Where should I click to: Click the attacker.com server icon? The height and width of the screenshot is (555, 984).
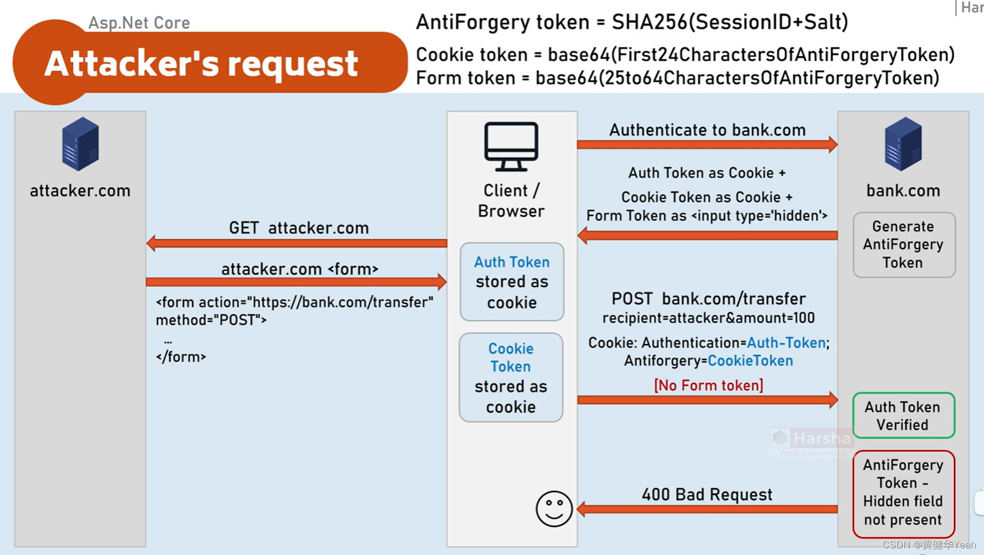coord(80,144)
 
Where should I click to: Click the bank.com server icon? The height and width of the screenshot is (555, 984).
coord(903,144)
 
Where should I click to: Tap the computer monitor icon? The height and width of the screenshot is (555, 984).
coord(511,146)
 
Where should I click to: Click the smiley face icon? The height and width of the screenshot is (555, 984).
coord(553,509)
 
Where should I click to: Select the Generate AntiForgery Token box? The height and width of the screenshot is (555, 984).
coord(903,245)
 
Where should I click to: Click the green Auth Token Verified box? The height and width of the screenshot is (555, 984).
coord(903,416)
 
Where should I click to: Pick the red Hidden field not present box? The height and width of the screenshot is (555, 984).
coord(903,493)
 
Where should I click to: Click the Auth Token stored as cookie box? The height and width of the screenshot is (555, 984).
coord(512,282)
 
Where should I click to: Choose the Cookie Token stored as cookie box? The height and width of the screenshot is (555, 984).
coord(511,378)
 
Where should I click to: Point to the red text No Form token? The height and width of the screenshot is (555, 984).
coord(708,385)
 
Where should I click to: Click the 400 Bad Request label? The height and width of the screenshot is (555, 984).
coord(706,494)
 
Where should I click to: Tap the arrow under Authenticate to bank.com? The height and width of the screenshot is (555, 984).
coord(706,145)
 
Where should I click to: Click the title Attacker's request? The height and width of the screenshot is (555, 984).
coord(201,64)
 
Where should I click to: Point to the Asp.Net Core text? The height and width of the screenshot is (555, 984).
coord(139,23)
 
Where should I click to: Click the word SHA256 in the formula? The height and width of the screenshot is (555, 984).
coord(649,22)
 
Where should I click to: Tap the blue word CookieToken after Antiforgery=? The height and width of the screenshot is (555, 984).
coord(750,361)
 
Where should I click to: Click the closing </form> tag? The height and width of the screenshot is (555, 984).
coord(181,357)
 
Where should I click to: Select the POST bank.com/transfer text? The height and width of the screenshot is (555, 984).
coord(708,299)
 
